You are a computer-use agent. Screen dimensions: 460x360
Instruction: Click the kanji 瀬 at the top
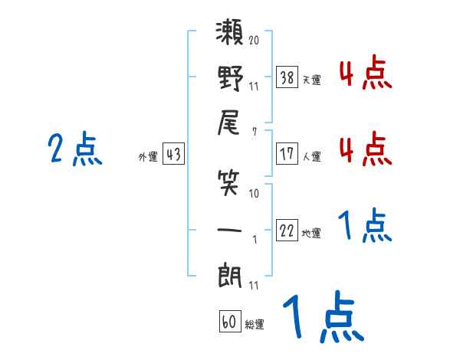[229, 32]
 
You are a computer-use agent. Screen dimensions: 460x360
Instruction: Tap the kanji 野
[230, 78]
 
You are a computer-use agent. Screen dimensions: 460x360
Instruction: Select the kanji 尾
[228, 123]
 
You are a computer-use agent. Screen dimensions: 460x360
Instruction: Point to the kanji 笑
[228, 183]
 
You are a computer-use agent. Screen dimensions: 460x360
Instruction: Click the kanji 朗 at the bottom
[230, 275]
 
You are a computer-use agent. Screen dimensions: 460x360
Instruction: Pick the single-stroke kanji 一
[229, 230]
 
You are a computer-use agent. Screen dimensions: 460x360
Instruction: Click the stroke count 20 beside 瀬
[254, 40]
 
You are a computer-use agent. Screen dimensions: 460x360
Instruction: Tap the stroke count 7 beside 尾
[255, 132]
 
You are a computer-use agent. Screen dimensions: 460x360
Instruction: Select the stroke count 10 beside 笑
[254, 194]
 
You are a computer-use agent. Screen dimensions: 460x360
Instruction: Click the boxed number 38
[287, 77]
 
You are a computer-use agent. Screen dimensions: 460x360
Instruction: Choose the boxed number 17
[287, 154]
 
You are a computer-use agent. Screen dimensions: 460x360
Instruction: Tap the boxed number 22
[287, 231]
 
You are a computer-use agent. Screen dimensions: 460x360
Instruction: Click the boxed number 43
[173, 154]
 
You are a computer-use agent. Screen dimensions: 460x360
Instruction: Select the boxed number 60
[230, 322]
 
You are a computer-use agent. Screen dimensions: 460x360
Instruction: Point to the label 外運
[148, 156]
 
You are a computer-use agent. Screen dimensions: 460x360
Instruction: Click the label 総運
[255, 325]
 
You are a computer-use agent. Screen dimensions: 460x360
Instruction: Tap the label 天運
[312, 80]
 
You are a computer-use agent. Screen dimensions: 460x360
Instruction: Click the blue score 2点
[75, 149]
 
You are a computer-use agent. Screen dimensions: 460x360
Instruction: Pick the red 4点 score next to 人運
[366, 149]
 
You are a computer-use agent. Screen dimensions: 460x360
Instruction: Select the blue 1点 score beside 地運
[365, 225]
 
